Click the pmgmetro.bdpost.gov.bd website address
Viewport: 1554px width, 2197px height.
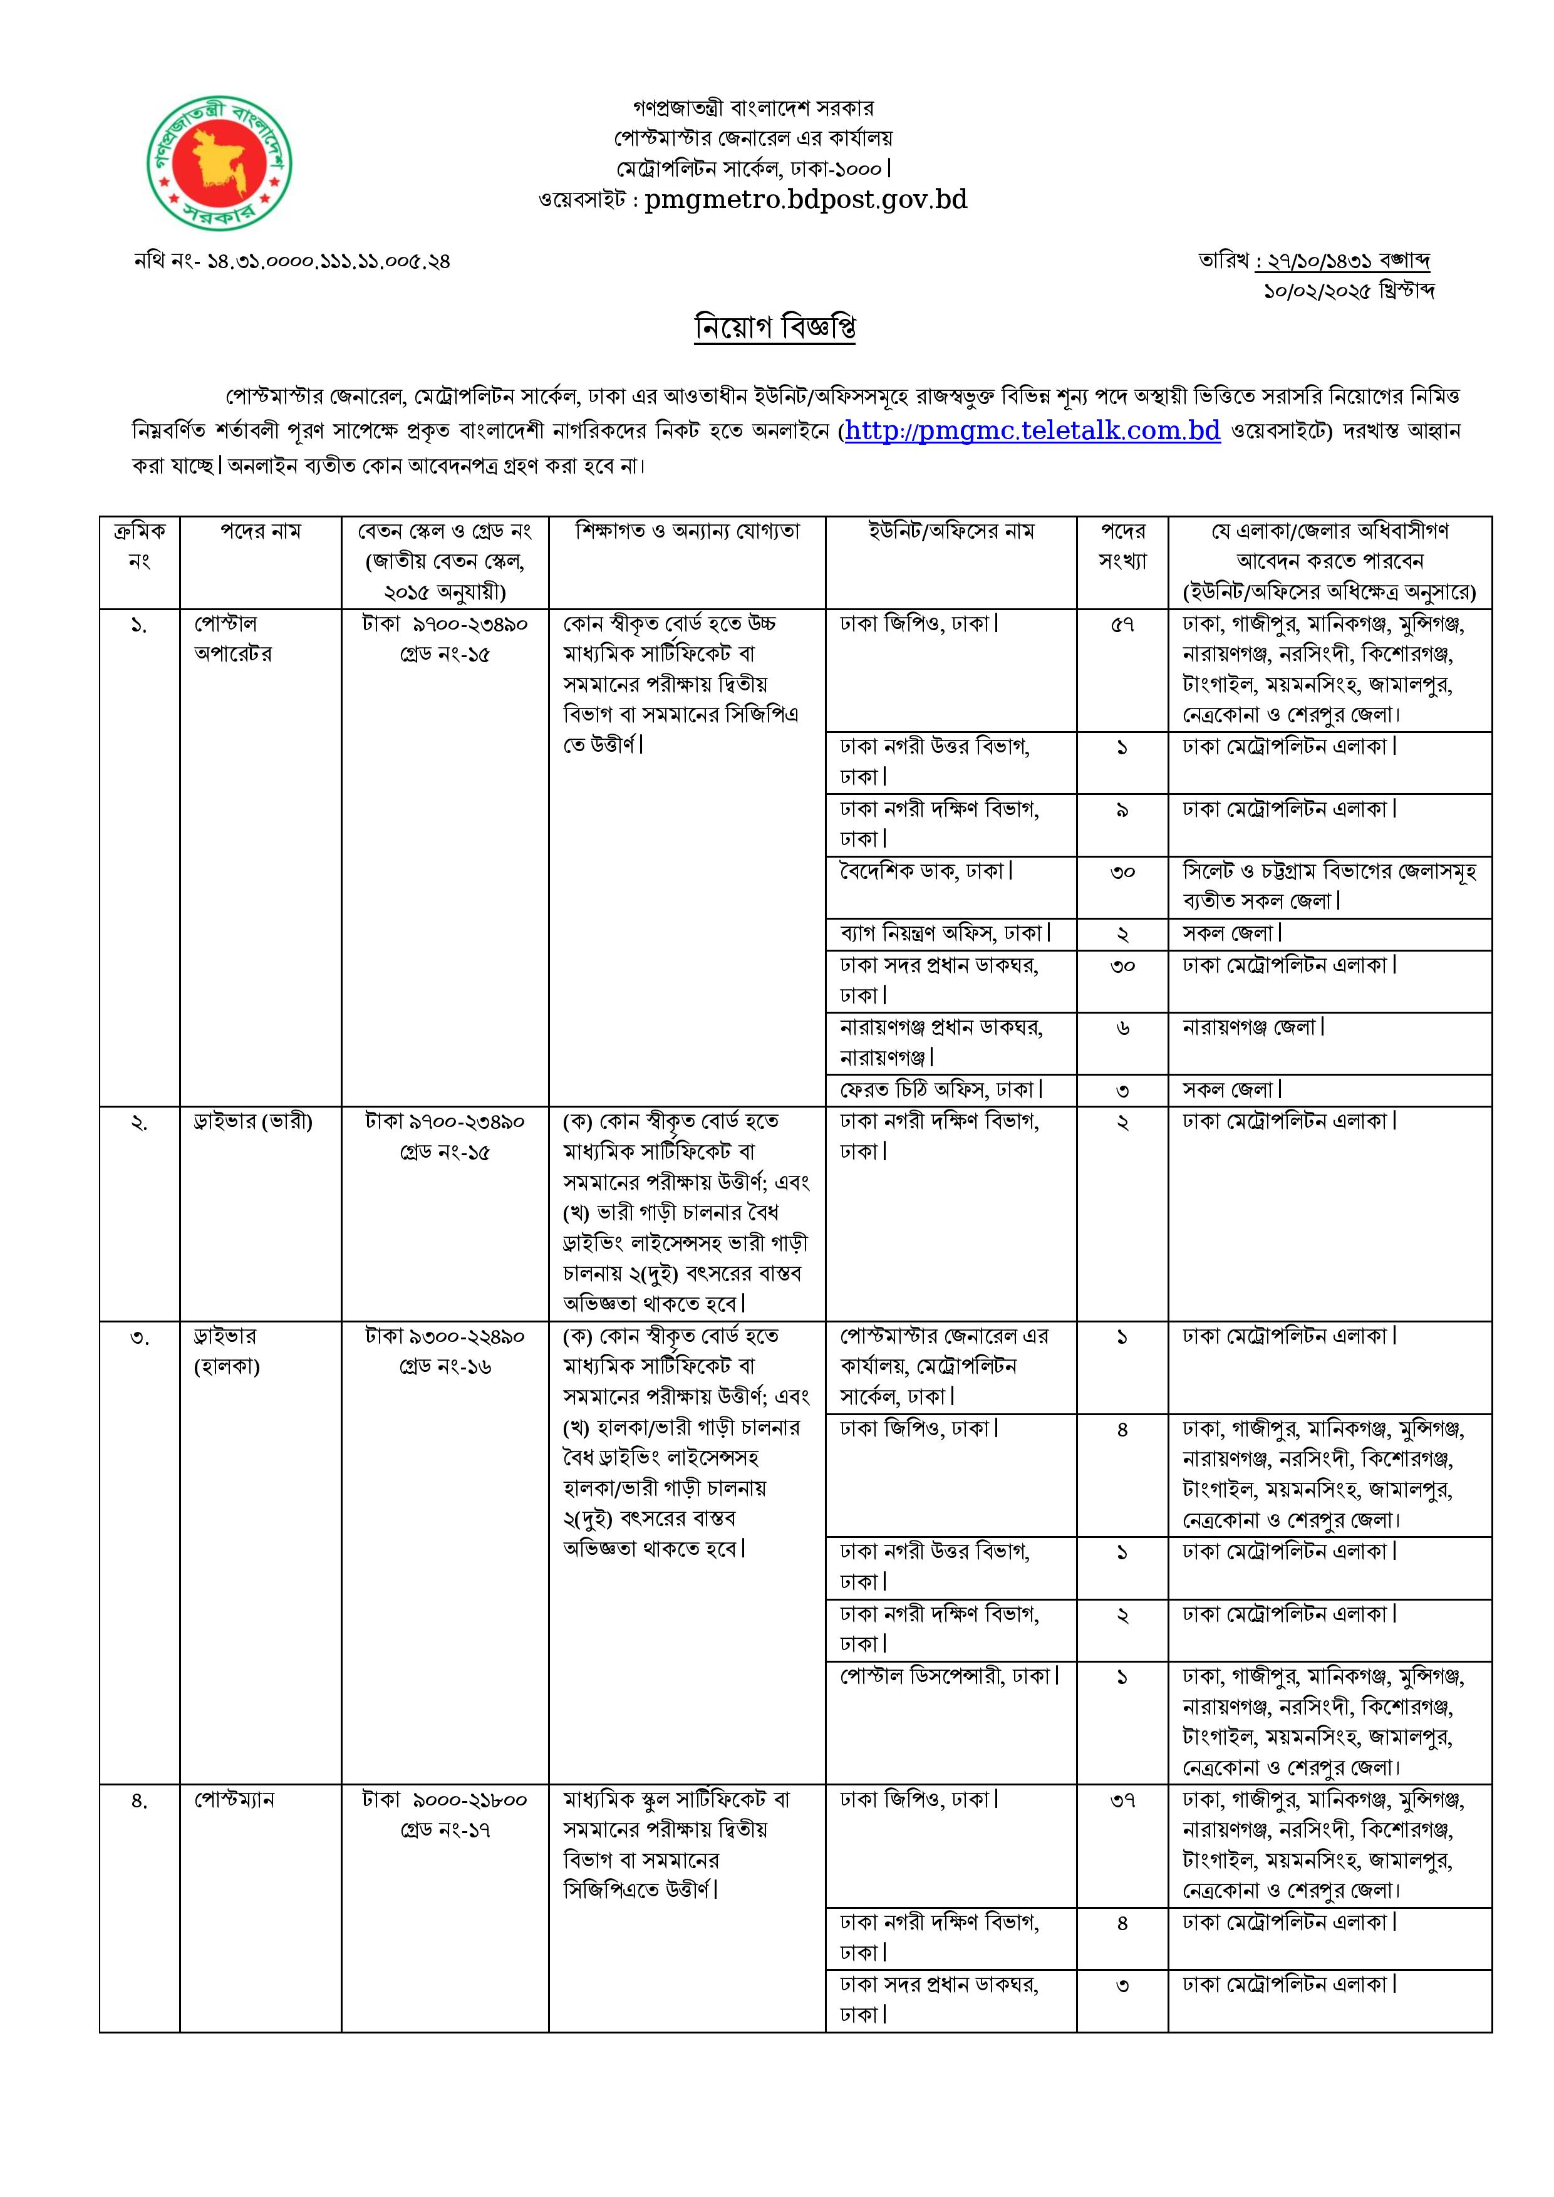(805, 200)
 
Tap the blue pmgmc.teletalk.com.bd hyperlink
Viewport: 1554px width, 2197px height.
(1032, 432)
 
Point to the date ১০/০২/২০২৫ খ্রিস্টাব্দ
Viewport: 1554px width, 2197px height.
(1349, 291)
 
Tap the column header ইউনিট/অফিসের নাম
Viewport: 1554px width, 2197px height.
(951, 532)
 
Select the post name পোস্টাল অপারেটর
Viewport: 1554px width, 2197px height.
(232, 638)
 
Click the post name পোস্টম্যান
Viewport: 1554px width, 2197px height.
(234, 1800)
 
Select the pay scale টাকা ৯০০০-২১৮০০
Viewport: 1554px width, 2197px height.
(445, 1800)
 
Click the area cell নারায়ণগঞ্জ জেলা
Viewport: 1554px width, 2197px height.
(1253, 1027)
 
